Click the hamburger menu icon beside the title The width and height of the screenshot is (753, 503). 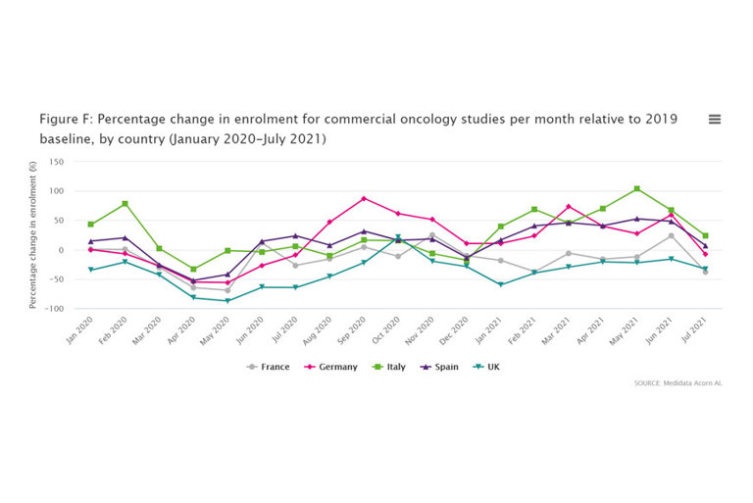715,120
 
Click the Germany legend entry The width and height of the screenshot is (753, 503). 332,367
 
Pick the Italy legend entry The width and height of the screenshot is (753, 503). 390,367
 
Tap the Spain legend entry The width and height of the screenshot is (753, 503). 442,367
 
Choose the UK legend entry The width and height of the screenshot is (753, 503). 490,367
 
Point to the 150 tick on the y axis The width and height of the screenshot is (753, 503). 56,162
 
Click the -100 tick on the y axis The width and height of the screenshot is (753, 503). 54,309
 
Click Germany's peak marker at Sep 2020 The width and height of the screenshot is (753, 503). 364,199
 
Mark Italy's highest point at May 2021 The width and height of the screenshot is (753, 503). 636,188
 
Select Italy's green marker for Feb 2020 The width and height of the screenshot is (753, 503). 125,204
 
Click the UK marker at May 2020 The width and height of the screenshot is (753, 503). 227,301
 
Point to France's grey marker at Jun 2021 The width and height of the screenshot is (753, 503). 671,236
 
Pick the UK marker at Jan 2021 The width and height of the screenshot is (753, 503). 500,285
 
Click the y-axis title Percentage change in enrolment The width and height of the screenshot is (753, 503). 32,235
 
